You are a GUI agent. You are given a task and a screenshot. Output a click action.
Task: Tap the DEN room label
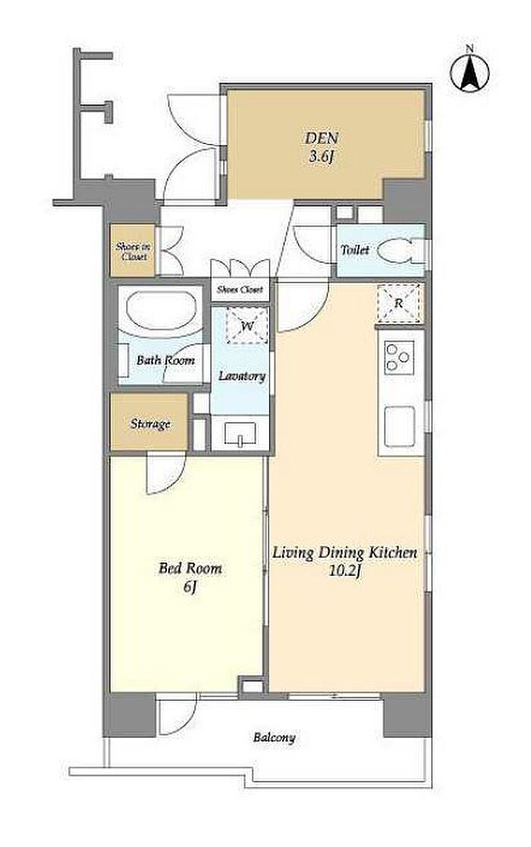[x=321, y=139]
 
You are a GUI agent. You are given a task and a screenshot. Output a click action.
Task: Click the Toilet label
[x=355, y=250]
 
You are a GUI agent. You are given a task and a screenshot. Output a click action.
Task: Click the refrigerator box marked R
[x=398, y=304]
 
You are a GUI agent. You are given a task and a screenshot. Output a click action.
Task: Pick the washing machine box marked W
[x=247, y=326]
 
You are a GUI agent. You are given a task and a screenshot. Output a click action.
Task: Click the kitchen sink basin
[x=399, y=424]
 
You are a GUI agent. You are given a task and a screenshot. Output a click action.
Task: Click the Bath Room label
[x=165, y=360]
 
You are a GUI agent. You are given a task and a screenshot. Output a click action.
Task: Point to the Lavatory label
[x=242, y=377]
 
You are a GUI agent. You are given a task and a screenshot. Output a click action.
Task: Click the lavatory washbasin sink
[x=240, y=433]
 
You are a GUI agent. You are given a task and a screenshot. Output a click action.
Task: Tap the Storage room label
[x=150, y=424]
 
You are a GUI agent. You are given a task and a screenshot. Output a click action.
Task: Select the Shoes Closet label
[x=240, y=289]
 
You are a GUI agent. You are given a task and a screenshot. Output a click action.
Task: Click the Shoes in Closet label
[x=134, y=252]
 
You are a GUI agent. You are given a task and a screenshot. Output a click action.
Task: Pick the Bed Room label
[x=190, y=568]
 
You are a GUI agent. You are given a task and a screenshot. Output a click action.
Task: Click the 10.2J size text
[x=344, y=570]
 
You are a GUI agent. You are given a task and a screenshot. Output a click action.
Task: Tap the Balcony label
[x=275, y=737]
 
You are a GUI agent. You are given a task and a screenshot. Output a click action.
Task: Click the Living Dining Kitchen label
[x=344, y=553]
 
